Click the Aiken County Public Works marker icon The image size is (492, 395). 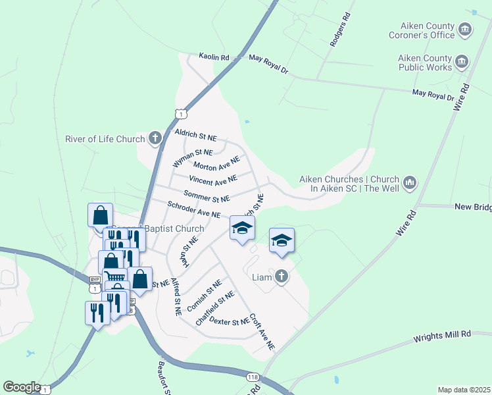pyautogui.click(x=461, y=62)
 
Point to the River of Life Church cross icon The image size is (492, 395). pyautogui.click(x=155, y=138)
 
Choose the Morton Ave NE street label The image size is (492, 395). pyautogui.click(x=216, y=163)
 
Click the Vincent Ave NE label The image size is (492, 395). pyautogui.click(x=212, y=180)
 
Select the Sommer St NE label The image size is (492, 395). pyautogui.click(x=207, y=196)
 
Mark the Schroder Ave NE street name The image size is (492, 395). pyautogui.click(x=193, y=210)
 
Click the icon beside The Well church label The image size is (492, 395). pyautogui.click(x=409, y=182)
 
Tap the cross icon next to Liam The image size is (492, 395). pyautogui.click(x=282, y=276)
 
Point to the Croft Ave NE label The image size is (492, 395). pyautogui.click(x=262, y=330)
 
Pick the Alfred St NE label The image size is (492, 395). pyautogui.click(x=176, y=296)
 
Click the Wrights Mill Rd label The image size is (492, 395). pyautogui.click(x=442, y=336)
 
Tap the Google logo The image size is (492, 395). pyautogui.click(x=22, y=387)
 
